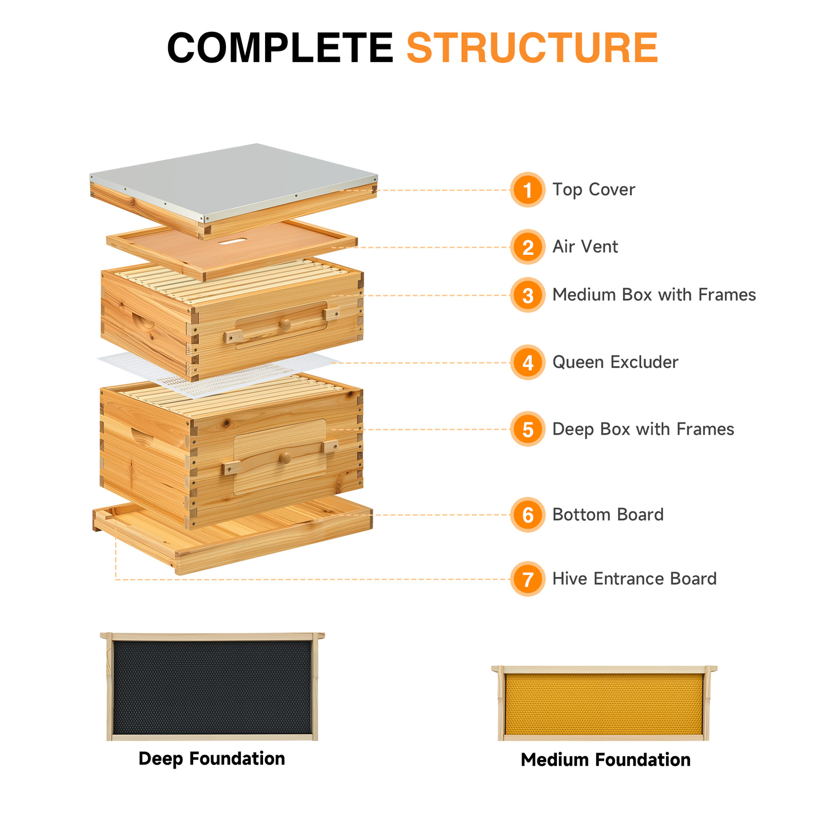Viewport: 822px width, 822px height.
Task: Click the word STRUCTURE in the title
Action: pyautogui.click(x=532, y=48)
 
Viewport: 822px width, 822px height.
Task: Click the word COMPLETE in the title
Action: pyautogui.click(x=280, y=48)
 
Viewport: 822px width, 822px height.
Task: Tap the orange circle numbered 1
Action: pyautogui.click(x=528, y=190)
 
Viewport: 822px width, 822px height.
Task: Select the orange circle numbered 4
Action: pyautogui.click(x=528, y=363)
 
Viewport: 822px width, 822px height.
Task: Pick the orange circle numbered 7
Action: pyautogui.click(x=528, y=579)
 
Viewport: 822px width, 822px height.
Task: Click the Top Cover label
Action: pyautogui.click(x=593, y=190)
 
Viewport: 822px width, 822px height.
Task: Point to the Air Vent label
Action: pyautogui.click(x=585, y=247)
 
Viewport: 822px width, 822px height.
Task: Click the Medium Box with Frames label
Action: pyautogui.click(x=653, y=295)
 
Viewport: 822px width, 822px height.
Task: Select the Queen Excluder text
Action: pyautogui.click(x=615, y=362)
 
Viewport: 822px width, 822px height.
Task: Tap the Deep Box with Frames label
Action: pyautogui.click(x=643, y=429)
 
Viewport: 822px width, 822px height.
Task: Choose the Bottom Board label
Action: pyautogui.click(x=608, y=514)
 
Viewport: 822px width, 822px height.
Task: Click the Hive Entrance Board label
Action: pyautogui.click(x=634, y=578)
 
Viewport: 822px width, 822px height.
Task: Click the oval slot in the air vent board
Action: pyautogui.click(x=232, y=240)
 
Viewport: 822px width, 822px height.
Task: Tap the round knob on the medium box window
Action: pyautogui.click(x=285, y=324)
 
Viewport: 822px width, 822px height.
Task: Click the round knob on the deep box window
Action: pyautogui.click(x=285, y=458)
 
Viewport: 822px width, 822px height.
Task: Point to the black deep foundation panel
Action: pyautogui.click(x=212, y=687)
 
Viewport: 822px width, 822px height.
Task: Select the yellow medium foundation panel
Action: pyautogui.click(x=604, y=704)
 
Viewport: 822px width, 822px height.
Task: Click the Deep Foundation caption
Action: pyautogui.click(x=212, y=759)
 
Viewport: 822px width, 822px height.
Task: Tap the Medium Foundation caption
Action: pyautogui.click(x=605, y=760)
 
